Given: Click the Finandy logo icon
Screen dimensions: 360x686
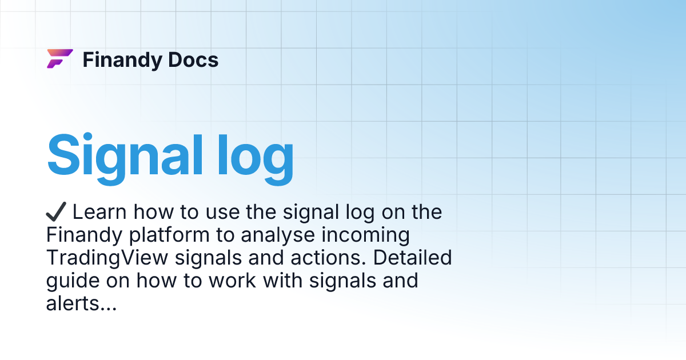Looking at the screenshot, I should [x=59, y=59].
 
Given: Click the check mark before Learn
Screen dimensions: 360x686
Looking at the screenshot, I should [x=56, y=212].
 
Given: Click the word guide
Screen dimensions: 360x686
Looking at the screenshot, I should [x=69, y=281].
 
